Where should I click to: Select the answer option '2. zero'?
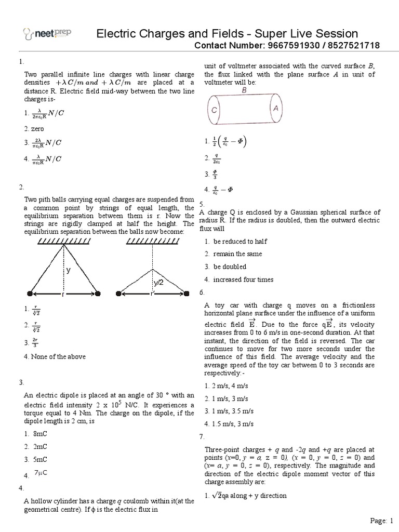tap(34, 128)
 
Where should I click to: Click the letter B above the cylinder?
tap(244, 90)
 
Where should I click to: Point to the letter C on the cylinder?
tap(215, 110)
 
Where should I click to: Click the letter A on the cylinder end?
tap(275, 109)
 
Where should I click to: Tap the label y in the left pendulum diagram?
tap(68, 270)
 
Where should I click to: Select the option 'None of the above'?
tap(55, 356)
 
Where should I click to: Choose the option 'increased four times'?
tap(238, 280)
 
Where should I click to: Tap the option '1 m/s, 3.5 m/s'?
tap(232, 411)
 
